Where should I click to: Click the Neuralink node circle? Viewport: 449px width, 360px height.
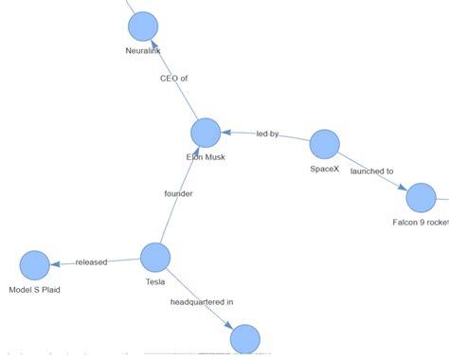tap(143, 27)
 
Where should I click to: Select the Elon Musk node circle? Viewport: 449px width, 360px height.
tap(206, 134)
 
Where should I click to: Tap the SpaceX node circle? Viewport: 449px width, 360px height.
tap(324, 144)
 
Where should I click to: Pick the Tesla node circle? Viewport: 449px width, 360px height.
tap(155, 257)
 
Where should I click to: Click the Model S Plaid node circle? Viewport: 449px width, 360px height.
tap(34, 265)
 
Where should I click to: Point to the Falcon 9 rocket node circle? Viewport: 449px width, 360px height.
tap(421, 198)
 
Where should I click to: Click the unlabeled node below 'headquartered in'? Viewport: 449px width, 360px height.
tap(244, 338)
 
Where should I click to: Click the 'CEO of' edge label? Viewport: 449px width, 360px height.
tap(174, 79)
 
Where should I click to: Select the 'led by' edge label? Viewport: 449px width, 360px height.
tap(267, 135)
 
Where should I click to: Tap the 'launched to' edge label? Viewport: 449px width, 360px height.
tap(371, 171)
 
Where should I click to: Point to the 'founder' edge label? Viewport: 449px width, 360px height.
tap(178, 194)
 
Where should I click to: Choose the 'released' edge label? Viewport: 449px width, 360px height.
tap(91, 261)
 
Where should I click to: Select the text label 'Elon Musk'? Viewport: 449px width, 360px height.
tap(206, 157)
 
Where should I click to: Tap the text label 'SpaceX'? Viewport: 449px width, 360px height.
tap(324, 168)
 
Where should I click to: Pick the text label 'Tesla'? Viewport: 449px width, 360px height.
tap(155, 281)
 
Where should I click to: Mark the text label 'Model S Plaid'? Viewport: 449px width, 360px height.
tap(34, 289)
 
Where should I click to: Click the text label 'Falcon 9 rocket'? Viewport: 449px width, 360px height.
tap(421, 222)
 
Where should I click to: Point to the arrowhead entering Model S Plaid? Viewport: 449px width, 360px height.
tap(54, 264)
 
